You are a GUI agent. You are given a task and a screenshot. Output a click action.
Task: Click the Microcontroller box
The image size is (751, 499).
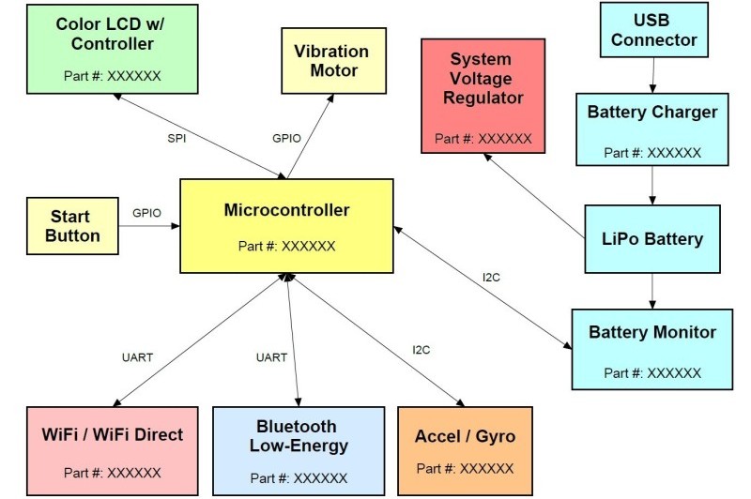point(286,225)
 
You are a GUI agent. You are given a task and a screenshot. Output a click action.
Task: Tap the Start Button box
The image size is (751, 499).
point(72,226)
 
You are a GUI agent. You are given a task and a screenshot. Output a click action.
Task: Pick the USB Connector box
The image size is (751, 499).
point(652,30)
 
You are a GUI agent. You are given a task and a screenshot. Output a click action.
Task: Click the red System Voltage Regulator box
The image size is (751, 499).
point(483,95)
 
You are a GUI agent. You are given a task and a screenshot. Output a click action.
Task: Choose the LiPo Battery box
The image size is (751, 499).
point(651,239)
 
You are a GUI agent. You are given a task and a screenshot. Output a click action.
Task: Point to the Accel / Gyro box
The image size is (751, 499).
point(465,450)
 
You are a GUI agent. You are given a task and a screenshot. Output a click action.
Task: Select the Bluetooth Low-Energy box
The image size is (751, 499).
point(299,450)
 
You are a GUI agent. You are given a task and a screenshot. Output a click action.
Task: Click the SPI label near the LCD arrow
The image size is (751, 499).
point(178,138)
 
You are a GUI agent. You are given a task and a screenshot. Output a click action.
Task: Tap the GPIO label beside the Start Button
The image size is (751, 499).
point(146,213)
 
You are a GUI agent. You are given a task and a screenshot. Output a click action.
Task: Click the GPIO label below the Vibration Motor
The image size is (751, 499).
point(286,138)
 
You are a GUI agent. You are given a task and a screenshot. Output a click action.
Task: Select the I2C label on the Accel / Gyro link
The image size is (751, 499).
point(421,350)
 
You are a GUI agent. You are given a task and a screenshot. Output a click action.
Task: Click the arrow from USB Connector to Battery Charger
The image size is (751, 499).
point(652,75)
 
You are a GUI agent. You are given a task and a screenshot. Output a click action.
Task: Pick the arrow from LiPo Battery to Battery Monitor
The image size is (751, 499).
point(652,290)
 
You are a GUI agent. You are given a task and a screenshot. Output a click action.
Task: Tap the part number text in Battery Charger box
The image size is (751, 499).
point(652,152)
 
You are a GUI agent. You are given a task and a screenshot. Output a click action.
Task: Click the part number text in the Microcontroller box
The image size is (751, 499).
point(286,247)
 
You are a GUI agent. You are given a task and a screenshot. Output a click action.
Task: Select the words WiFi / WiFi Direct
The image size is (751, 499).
point(112,435)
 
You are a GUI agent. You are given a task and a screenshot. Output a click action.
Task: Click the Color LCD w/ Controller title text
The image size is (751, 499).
point(104,33)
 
